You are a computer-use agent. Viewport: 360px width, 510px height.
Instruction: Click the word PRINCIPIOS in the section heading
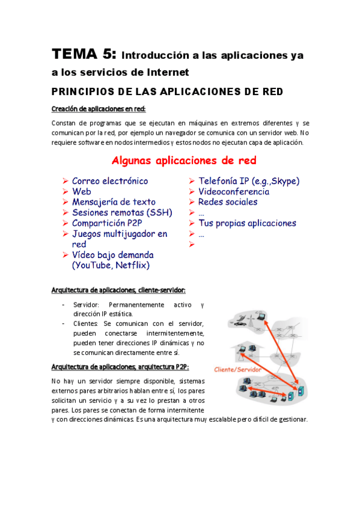pyautogui.click(x=82, y=92)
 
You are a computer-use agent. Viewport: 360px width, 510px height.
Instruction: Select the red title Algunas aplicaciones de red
pyautogui.click(x=184, y=161)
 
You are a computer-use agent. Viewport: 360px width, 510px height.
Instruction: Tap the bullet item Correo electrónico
pyautogui.click(x=110, y=181)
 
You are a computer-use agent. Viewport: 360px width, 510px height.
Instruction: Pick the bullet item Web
pyautogui.click(x=82, y=191)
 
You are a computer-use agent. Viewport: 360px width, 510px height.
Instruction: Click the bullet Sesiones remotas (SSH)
pyautogui.click(x=122, y=212)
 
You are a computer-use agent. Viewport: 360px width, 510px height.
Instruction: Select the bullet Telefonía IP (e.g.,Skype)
pyautogui.click(x=249, y=181)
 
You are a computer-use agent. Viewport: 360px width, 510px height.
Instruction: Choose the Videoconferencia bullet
pyautogui.click(x=234, y=191)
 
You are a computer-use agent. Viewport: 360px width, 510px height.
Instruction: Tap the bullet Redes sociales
pyautogui.click(x=228, y=202)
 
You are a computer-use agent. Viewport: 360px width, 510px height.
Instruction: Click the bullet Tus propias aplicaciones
pyautogui.click(x=247, y=223)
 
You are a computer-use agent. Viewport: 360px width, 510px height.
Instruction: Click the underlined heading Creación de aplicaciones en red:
pyautogui.click(x=99, y=109)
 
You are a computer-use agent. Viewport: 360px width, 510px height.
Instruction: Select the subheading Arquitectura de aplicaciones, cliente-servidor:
pyautogui.click(x=114, y=290)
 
